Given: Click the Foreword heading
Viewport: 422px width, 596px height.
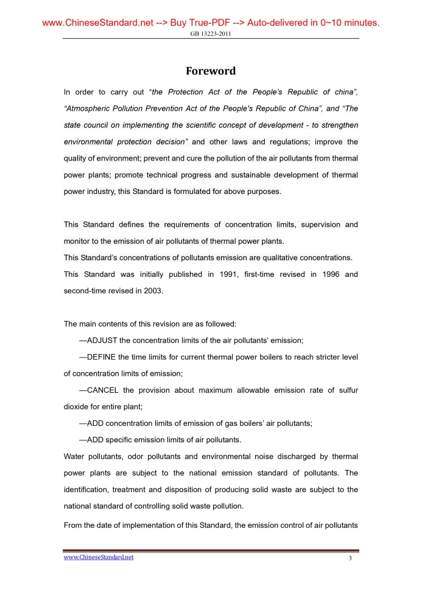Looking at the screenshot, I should [x=210, y=71].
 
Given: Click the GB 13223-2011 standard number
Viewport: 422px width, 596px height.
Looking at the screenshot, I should [x=211, y=34].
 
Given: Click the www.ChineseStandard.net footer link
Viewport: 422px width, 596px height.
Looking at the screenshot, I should [x=99, y=557].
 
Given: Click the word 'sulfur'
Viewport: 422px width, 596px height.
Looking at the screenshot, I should [x=347, y=390].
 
